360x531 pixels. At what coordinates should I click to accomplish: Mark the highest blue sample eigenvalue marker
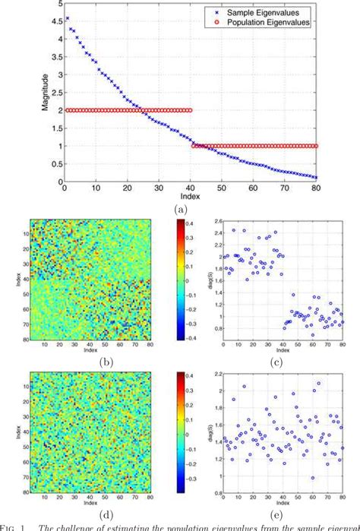(68, 18)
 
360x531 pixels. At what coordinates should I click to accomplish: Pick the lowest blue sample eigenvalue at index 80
(315, 177)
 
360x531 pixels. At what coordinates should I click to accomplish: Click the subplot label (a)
(179, 208)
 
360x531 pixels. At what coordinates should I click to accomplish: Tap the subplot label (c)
(283, 362)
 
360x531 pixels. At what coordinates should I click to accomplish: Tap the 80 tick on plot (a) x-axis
(317, 188)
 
